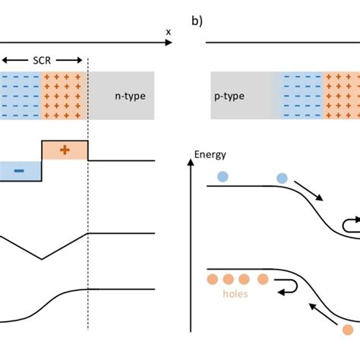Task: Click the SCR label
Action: [x=43, y=59]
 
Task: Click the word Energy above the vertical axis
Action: [x=211, y=154]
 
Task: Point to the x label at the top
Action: [x=168, y=32]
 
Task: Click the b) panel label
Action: [x=197, y=21]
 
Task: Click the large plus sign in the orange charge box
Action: [x=65, y=150]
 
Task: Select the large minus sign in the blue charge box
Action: [x=18, y=172]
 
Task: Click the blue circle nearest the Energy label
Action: [x=222, y=176]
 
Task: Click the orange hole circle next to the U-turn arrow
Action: [x=263, y=278]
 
